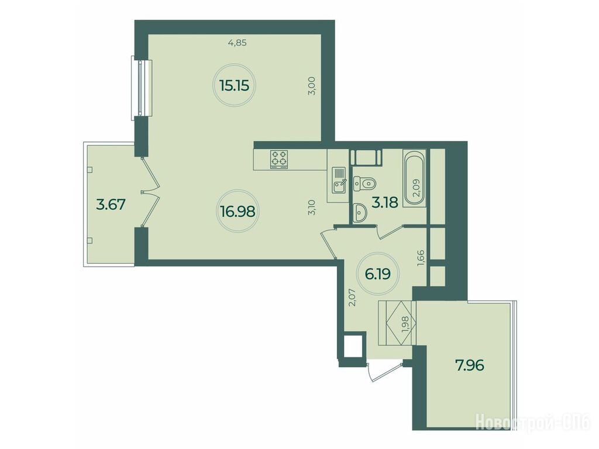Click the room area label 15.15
(x=234, y=85)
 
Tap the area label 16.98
(x=237, y=210)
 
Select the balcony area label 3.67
(x=111, y=205)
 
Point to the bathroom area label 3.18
(x=385, y=202)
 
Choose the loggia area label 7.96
(x=470, y=365)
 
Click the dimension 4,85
(x=237, y=43)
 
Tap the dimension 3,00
(x=312, y=87)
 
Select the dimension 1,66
(x=421, y=257)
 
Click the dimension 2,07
(x=353, y=298)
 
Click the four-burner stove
(x=279, y=159)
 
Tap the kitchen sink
(x=339, y=180)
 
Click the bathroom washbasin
(x=359, y=213)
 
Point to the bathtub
(x=414, y=178)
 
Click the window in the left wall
(x=142, y=88)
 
